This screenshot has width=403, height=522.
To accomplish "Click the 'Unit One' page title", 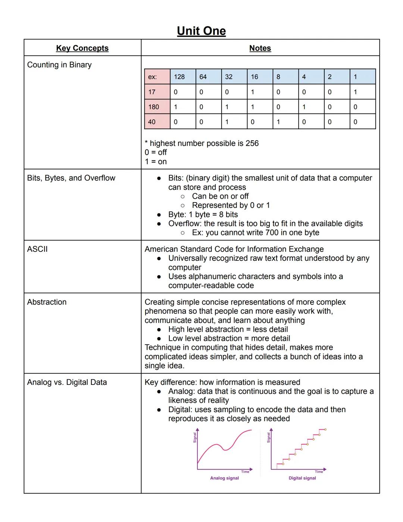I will pos(201,31).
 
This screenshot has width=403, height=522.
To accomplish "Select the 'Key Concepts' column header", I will pos(82,48).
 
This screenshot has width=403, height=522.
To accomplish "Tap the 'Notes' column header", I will pos(260,48).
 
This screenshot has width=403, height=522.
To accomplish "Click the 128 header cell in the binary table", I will pos(179,77).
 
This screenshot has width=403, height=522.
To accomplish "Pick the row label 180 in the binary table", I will pos(154,107).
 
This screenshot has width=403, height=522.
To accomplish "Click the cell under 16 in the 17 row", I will pos(253,92).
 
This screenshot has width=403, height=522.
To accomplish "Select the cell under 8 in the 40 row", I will pos(278,122).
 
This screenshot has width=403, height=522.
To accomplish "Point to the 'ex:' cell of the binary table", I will pos(152,77).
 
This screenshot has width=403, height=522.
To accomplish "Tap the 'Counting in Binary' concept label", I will pos(59,65).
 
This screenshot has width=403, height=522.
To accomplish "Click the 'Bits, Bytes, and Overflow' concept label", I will pos(71,178).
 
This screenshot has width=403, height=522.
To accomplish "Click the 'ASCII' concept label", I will pos(37,249).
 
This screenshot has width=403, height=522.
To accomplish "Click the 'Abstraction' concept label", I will pos(47,302).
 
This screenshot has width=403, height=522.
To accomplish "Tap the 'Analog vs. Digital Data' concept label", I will pos(67,382).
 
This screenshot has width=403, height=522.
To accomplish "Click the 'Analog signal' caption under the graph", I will pos(224,478).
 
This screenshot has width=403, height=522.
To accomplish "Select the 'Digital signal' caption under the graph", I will pos(302,478).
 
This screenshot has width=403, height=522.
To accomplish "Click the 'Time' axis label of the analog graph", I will pos(245,472).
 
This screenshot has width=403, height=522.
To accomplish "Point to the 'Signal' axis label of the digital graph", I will pos(268,438).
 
